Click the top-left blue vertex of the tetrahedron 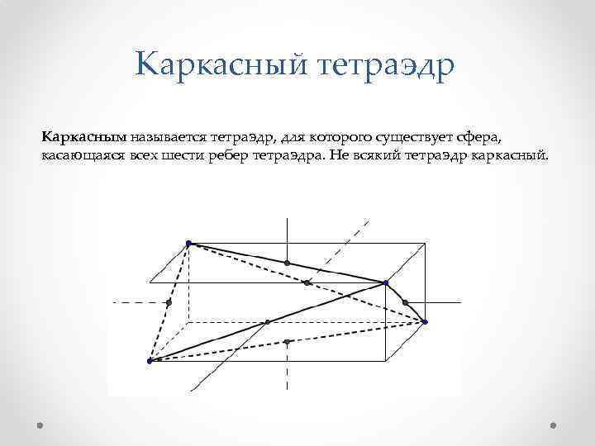coord(188,243)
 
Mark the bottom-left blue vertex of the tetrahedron coord(150,361)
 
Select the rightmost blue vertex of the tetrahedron coord(425,321)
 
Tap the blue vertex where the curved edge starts coord(386,283)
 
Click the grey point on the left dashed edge coord(169,302)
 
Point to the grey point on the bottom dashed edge coord(287,341)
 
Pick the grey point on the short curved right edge coord(406,303)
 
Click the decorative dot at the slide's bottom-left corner coord(40,425)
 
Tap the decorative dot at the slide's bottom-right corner coord(554,425)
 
